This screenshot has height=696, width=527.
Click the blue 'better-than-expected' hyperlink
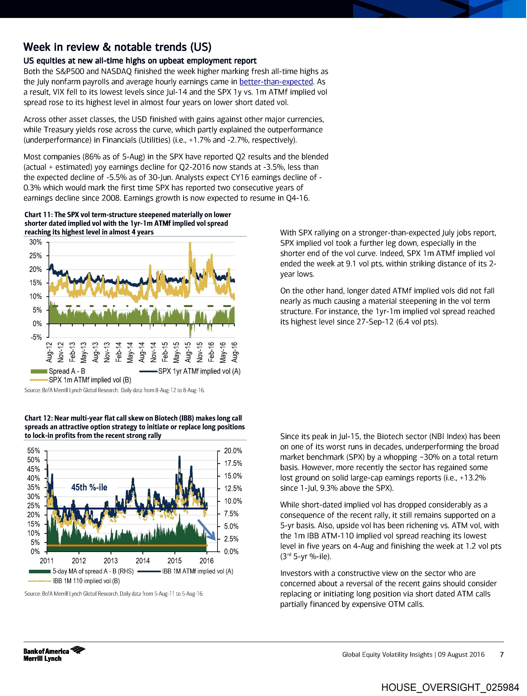(276, 82)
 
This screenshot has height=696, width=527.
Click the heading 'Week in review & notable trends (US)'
(117, 47)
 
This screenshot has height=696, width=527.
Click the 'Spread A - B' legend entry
(67, 371)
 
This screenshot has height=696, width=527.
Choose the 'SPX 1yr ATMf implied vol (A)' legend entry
(199, 371)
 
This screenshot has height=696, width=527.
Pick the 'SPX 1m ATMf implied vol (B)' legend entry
(90, 380)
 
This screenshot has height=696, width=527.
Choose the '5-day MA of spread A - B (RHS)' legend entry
(93, 571)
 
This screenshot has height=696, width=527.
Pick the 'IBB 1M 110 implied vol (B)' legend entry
(86, 581)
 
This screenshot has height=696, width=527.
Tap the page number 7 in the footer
(502, 654)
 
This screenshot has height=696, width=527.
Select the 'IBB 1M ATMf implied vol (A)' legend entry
(198, 571)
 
